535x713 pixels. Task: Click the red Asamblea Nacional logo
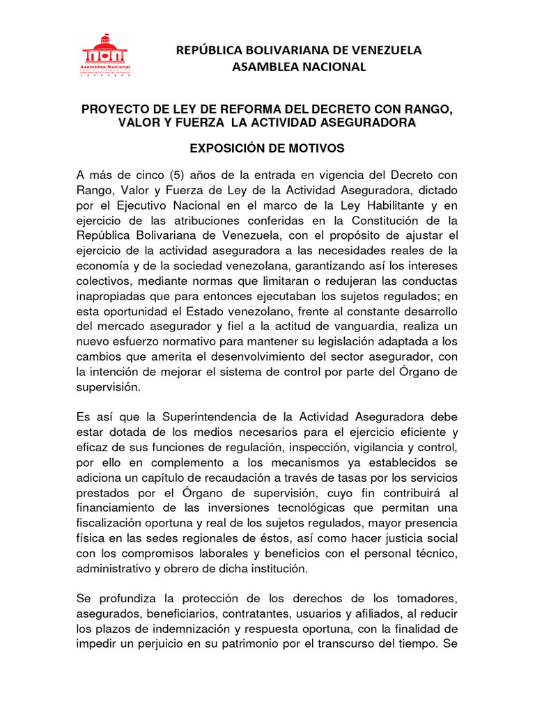pos(106,56)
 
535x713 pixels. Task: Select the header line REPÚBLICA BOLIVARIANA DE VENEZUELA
pos(299,50)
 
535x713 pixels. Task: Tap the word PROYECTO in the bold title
pos(116,109)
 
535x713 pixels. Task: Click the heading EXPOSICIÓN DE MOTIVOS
pos(267,148)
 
